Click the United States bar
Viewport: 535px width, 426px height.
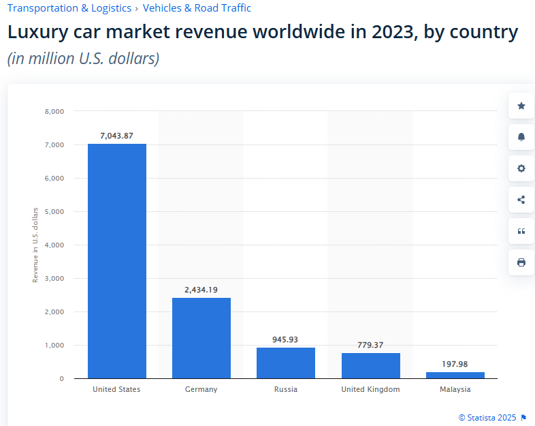tap(116, 261)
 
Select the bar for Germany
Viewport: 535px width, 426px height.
tap(201, 338)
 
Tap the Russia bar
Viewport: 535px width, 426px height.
tap(285, 363)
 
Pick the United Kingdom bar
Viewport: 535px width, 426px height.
tap(370, 365)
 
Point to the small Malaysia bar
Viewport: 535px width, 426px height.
tap(455, 375)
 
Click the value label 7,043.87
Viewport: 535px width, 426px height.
tap(116, 136)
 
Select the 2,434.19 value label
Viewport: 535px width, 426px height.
tap(201, 290)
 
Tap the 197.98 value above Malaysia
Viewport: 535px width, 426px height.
tap(455, 364)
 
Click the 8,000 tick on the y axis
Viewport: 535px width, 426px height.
tap(54, 111)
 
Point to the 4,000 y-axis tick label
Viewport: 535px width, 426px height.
tap(54, 245)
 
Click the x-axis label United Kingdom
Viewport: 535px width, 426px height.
tap(370, 389)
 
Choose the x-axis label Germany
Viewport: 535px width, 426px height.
tap(201, 389)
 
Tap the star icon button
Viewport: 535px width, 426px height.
tap(521, 106)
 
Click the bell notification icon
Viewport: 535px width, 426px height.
tap(521, 137)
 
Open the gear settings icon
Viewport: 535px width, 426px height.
tap(521, 168)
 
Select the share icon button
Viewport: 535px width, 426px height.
tap(521, 200)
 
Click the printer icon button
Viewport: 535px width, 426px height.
tap(521, 262)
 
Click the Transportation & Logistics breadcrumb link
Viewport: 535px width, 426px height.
tap(69, 8)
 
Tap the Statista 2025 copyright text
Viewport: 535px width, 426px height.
tap(488, 417)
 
